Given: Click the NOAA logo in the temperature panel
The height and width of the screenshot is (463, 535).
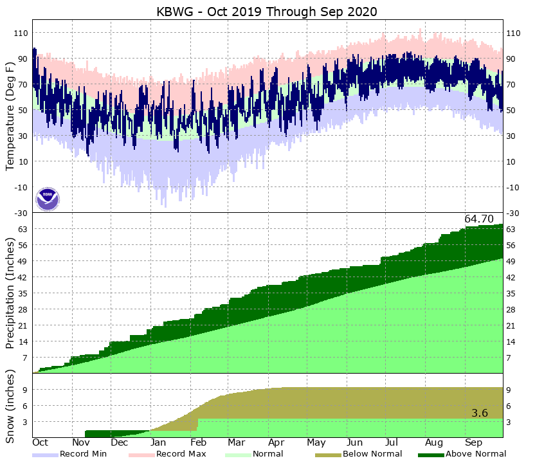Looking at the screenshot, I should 48,199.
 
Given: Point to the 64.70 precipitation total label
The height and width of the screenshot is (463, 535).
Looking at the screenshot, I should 479,219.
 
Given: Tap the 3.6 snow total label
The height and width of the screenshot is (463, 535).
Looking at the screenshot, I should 480,413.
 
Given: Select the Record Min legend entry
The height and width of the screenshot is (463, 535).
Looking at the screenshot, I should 83,454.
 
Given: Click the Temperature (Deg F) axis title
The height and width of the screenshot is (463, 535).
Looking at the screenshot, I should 10,116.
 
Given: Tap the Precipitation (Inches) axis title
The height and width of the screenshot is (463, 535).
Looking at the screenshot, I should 10,293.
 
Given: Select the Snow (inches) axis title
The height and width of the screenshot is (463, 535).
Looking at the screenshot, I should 10,406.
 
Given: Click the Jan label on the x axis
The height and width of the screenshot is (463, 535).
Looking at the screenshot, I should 158,443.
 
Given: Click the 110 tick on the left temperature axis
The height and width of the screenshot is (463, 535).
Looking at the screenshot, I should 21,33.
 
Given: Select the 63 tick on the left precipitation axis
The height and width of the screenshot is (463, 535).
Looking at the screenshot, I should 22,229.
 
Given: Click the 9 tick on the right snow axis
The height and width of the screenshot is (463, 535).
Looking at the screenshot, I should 509,390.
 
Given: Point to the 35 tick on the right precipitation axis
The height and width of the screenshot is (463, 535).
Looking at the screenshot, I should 511,293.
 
